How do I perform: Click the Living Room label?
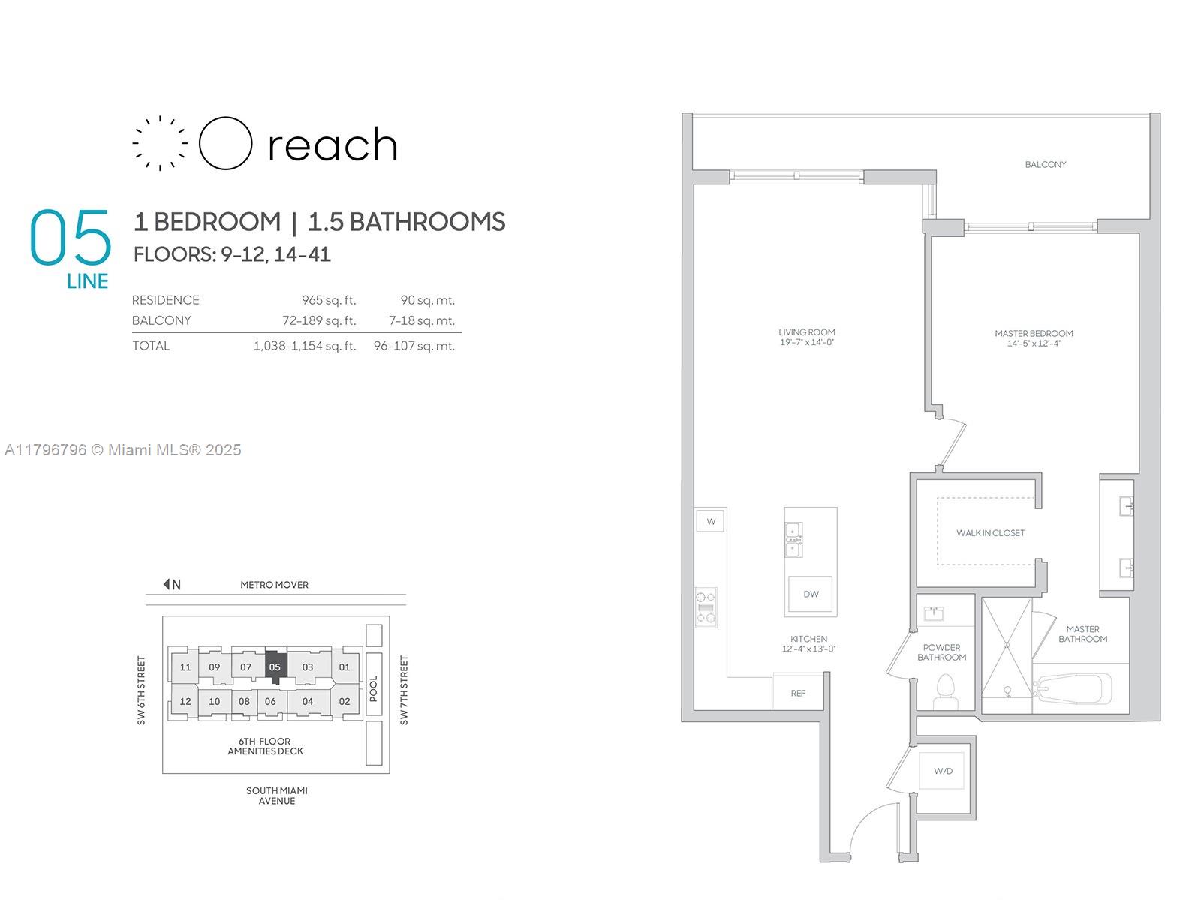click(806, 331)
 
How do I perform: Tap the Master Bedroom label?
click(1034, 333)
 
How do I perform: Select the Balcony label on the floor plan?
click(1045, 164)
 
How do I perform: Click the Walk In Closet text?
click(990, 532)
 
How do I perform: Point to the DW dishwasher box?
click(811, 594)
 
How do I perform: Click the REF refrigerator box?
click(798, 693)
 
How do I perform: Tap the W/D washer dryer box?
click(942, 771)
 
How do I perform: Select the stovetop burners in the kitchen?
click(706, 607)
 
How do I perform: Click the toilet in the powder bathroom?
click(945, 691)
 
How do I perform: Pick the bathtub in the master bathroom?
click(1073, 688)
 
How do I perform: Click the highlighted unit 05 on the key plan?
click(275, 667)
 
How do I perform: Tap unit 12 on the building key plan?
click(185, 701)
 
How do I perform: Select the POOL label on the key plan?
click(374, 688)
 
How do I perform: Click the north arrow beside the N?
click(167, 584)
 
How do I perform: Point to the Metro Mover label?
click(274, 585)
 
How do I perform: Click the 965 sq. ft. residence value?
click(329, 300)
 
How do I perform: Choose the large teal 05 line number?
click(71, 237)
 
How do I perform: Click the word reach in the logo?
click(333, 145)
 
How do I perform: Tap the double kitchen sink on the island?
click(793, 540)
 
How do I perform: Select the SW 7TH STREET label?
click(404, 691)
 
